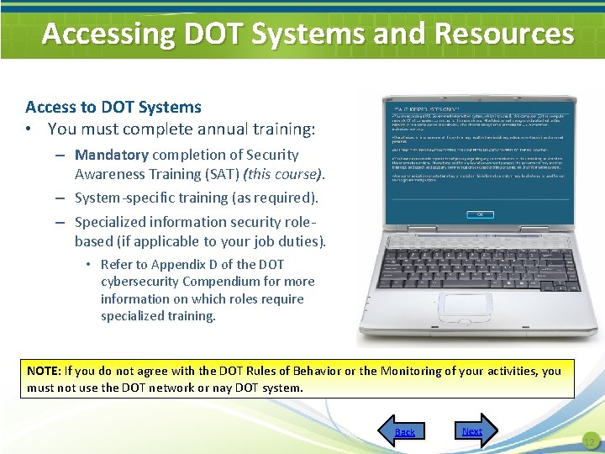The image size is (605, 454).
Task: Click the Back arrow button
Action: click(x=404, y=430)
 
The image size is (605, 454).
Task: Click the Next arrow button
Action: click(x=472, y=430)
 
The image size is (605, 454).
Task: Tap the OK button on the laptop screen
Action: click(x=480, y=214)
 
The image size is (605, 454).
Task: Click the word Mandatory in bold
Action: click(x=111, y=155)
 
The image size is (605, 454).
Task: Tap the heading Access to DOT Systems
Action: click(x=113, y=107)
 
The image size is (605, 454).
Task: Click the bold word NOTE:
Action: click(x=43, y=371)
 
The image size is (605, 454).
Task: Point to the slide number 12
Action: click(x=589, y=442)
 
